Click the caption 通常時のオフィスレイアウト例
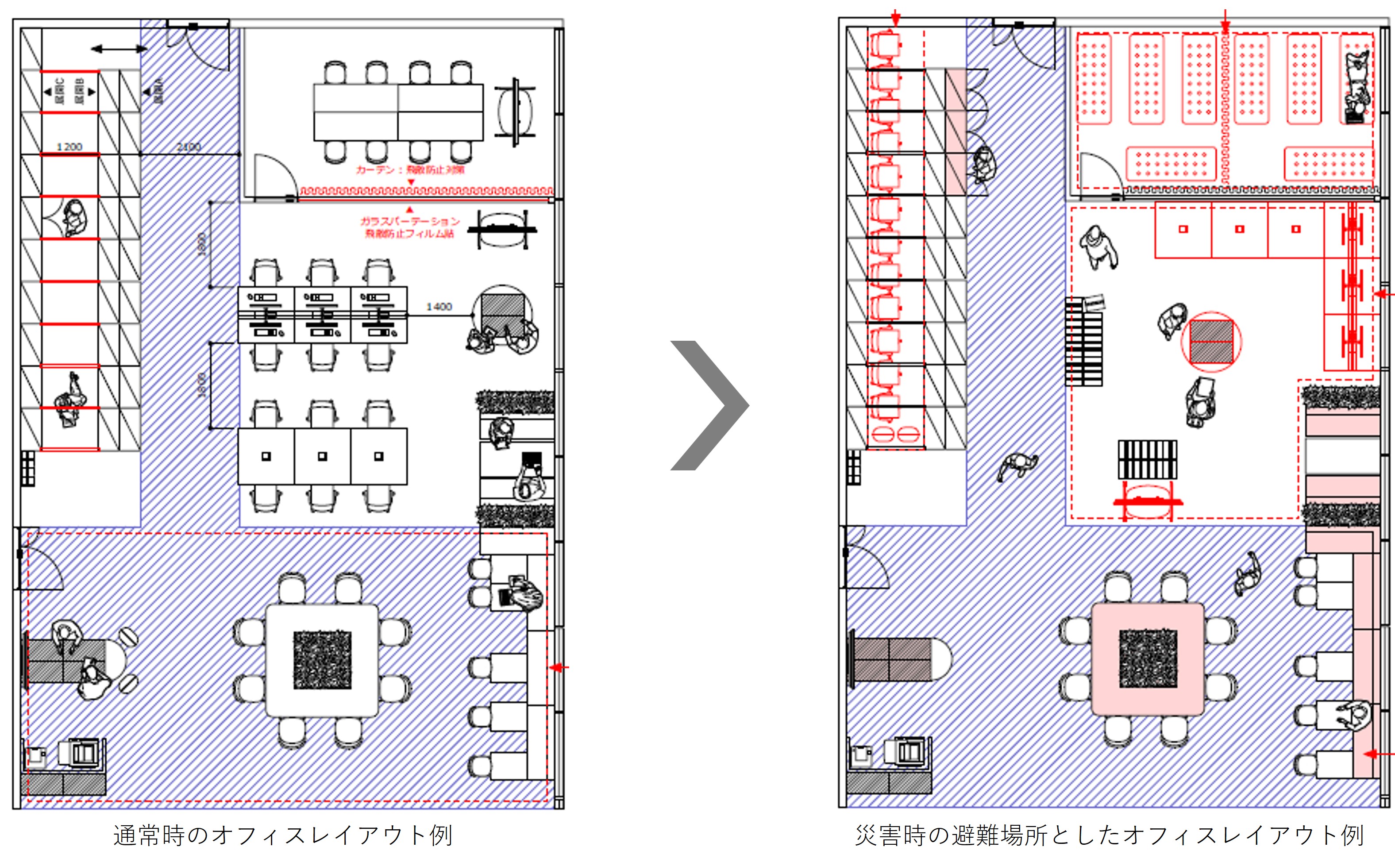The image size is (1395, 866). (x=283, y=835)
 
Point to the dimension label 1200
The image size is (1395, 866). (x=69, y=147)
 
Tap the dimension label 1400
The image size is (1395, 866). (x=439, y=307)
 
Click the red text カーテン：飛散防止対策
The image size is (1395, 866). (x=409, y=169)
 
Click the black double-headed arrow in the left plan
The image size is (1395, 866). (x=119, y=49)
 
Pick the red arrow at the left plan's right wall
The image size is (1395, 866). (x=559, y=667)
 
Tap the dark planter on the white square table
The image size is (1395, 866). (x=322, y=660)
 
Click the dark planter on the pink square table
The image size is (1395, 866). (x=1148, y=658)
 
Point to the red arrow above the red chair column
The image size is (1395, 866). (x=896, y=19)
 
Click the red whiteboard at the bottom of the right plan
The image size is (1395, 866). (x=1148, y=502)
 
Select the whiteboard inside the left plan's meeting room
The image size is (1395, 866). (x=516, y=112)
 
